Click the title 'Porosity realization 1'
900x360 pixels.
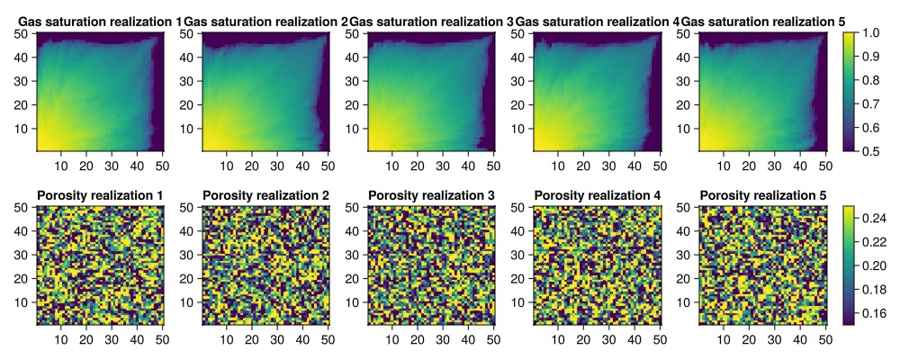(100, 195)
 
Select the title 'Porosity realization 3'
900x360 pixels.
(431, 195)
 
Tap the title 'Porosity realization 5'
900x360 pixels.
(762, 195)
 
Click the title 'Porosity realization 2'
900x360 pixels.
(265, 195)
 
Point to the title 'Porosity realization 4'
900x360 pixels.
(597, 195)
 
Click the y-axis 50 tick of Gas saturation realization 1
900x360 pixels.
(25, 33)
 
